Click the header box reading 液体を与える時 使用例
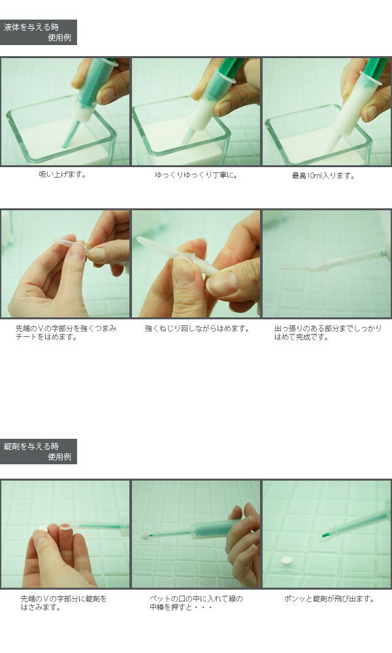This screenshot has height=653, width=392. (39, 32)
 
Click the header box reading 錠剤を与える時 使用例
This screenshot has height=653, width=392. (39, 451)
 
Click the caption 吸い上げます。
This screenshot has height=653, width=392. (63, 175)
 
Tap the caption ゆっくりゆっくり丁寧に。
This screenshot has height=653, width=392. (196, 175)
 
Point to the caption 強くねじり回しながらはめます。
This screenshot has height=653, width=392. (197, 329)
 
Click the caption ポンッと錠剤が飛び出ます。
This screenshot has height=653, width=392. (329, 599)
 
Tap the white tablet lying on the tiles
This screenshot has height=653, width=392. (287, 560)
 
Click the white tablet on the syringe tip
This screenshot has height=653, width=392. (146, 537)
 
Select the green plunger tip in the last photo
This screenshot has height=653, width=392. (327, 534)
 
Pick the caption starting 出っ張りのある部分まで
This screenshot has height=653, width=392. (327, 333)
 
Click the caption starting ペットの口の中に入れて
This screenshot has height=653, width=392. (196, 603)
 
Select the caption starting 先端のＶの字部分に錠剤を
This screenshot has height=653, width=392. (64, 603)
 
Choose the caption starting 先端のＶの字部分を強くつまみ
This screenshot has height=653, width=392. (66, 333)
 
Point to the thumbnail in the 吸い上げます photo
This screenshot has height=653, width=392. (106, 95)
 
